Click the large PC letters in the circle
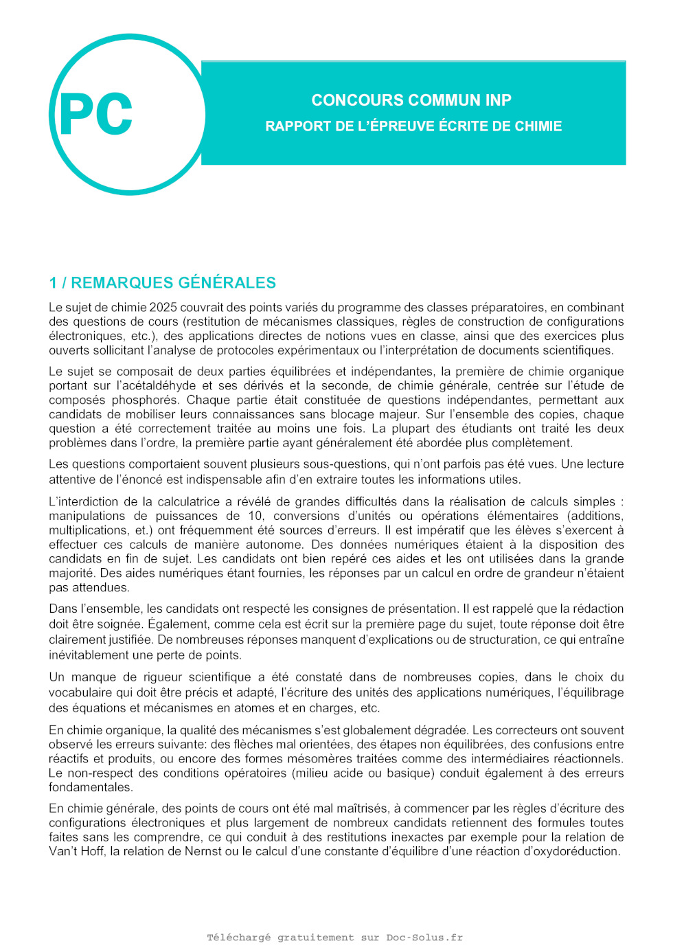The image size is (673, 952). (96, 115)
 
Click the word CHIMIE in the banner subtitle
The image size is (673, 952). (538, 126)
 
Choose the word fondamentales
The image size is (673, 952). (90, 787)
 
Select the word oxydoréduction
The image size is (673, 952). (576, 851)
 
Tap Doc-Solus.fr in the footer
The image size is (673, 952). (424, 938)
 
